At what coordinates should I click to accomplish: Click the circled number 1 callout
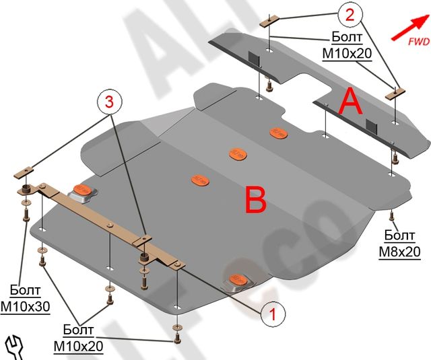click(x=271, y=313)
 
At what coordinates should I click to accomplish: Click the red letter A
click(x=352, y=102)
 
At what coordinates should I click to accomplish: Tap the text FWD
click(x=418, y=42)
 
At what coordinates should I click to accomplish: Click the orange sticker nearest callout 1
click(x=237, y=277)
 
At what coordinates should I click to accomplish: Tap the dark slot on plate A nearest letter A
click(x=370, y=124)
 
